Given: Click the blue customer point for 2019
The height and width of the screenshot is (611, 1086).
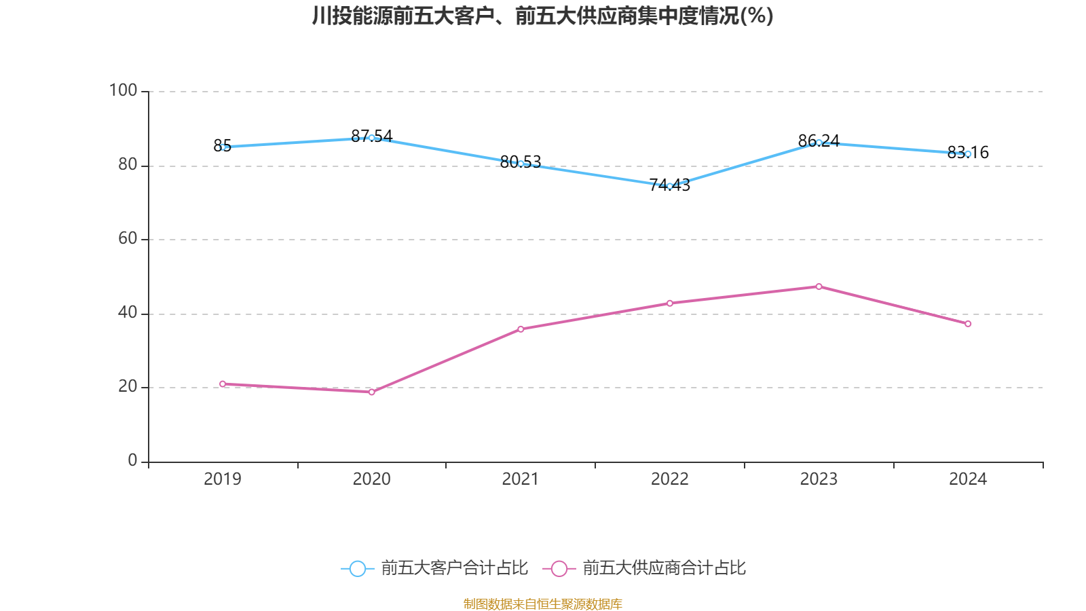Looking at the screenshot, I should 223,147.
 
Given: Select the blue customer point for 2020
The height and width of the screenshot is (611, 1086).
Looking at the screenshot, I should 371,138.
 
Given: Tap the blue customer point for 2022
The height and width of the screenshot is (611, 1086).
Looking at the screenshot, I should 670,186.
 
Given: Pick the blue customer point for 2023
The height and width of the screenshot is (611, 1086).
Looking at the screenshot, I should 819,143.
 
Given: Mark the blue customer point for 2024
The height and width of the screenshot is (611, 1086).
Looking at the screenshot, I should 968,154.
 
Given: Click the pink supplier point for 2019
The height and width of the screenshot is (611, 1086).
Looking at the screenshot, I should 223,384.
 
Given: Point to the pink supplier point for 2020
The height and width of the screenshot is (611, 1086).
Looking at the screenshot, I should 371,392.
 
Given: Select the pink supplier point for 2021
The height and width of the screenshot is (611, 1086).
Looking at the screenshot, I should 521,329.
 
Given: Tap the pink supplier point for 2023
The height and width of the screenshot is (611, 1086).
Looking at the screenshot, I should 819,286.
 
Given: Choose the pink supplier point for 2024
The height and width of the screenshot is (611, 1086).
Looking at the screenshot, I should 968,324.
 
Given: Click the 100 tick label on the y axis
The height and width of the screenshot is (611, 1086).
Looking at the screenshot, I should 123,90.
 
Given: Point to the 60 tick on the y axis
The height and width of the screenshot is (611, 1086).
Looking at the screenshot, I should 128,238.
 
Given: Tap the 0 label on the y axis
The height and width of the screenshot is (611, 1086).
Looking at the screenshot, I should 132,460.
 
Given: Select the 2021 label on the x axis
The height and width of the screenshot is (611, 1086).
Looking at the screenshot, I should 521,479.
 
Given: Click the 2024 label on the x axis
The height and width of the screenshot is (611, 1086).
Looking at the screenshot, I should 968,479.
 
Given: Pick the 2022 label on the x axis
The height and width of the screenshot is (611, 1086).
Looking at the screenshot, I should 670,479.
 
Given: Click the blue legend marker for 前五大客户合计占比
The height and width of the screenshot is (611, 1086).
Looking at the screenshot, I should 357,568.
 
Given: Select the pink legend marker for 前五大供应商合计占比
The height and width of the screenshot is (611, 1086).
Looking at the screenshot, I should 559,568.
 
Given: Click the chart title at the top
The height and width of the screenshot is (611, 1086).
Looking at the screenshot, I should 543,16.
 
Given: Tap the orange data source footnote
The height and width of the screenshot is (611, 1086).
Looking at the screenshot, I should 543,604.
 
